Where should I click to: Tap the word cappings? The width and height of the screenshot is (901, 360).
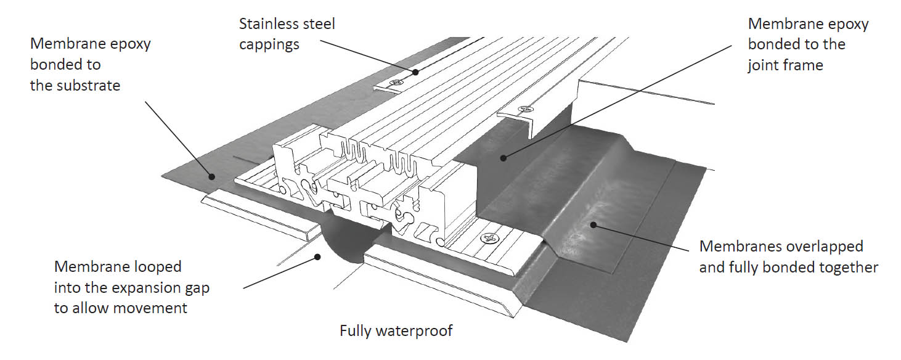click(x=269, y=45)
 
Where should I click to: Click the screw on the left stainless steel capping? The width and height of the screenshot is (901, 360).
click(x=397, y=83)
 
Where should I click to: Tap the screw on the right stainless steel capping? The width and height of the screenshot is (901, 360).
click(x=525, y=108)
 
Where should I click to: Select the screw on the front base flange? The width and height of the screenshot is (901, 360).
click(x=490, y=239)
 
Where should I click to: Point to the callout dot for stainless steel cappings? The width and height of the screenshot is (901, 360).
click(x=415, y=72)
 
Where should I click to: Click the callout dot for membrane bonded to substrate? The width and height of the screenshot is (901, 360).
click(x=211, y=176)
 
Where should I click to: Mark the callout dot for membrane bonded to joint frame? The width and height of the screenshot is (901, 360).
click(x=503, y=158)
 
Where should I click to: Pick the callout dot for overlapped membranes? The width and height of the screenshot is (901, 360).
click(x=593, y=224)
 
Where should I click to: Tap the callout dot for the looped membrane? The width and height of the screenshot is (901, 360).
click(x=318, y=256)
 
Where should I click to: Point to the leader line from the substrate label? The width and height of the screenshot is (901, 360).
click(x=178, y=139)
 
